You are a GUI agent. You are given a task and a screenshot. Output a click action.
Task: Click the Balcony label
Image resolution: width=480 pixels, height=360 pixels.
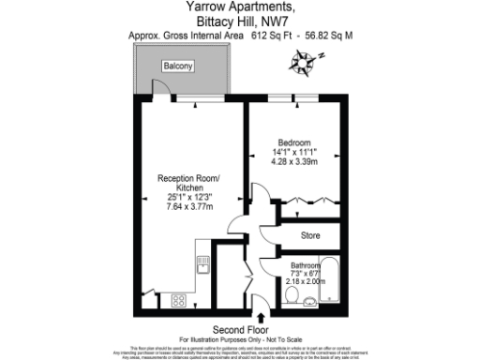[178, 67]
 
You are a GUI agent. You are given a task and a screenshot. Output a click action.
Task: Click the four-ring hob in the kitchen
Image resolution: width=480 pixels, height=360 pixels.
[177, 300]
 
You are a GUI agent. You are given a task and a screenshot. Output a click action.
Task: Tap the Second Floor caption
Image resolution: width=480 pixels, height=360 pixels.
[240, 330]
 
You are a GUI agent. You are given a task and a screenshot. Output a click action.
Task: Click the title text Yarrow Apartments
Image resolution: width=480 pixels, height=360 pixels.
[240, 7]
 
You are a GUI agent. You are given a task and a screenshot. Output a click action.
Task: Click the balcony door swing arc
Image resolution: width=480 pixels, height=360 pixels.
[160, 87]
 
